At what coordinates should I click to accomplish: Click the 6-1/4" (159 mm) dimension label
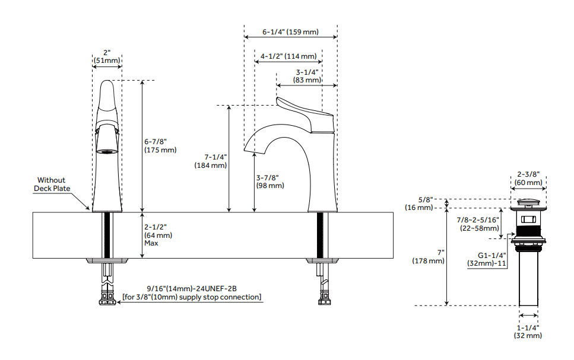point(290,32)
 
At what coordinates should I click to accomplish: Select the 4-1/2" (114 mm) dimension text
point(288,56)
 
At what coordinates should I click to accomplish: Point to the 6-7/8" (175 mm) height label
point(160,146)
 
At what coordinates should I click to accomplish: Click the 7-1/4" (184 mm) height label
point(211,161)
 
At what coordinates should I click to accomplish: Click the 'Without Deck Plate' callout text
point(52,184)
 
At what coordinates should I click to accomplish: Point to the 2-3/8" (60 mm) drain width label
point(528,179)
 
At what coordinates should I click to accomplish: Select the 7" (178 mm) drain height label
point(428,257)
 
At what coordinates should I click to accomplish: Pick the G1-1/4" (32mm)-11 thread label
point(487,259)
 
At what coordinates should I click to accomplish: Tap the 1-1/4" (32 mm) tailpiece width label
point(528,331)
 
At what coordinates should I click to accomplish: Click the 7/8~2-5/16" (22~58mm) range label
point(478,224)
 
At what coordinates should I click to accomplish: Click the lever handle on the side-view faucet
point(303,110)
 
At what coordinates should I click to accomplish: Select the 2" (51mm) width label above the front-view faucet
point(107,56)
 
